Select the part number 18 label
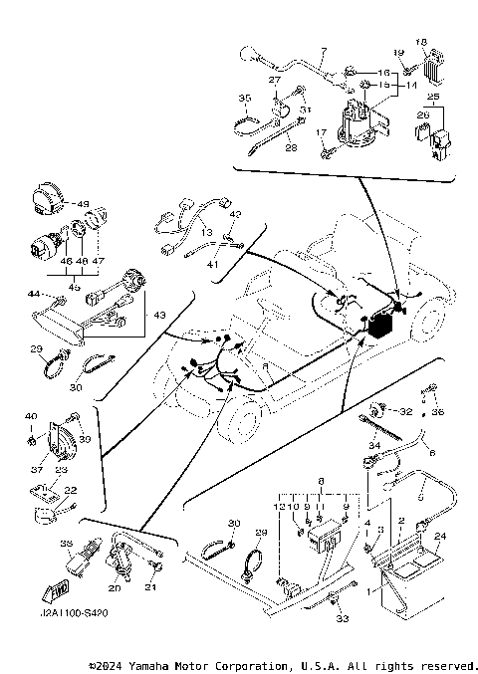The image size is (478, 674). click(x=420, y=42)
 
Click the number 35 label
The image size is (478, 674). click(x=243, y=98)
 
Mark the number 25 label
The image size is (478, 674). click(x=433, y=98)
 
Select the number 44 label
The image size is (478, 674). click(x=33, y=295)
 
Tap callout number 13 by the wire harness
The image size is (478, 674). click(x=206, y=232)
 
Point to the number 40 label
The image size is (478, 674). click(x=30, y=415)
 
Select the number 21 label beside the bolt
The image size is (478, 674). click(x=152, y=588)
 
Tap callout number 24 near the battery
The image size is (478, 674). click(x=441, y=535)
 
